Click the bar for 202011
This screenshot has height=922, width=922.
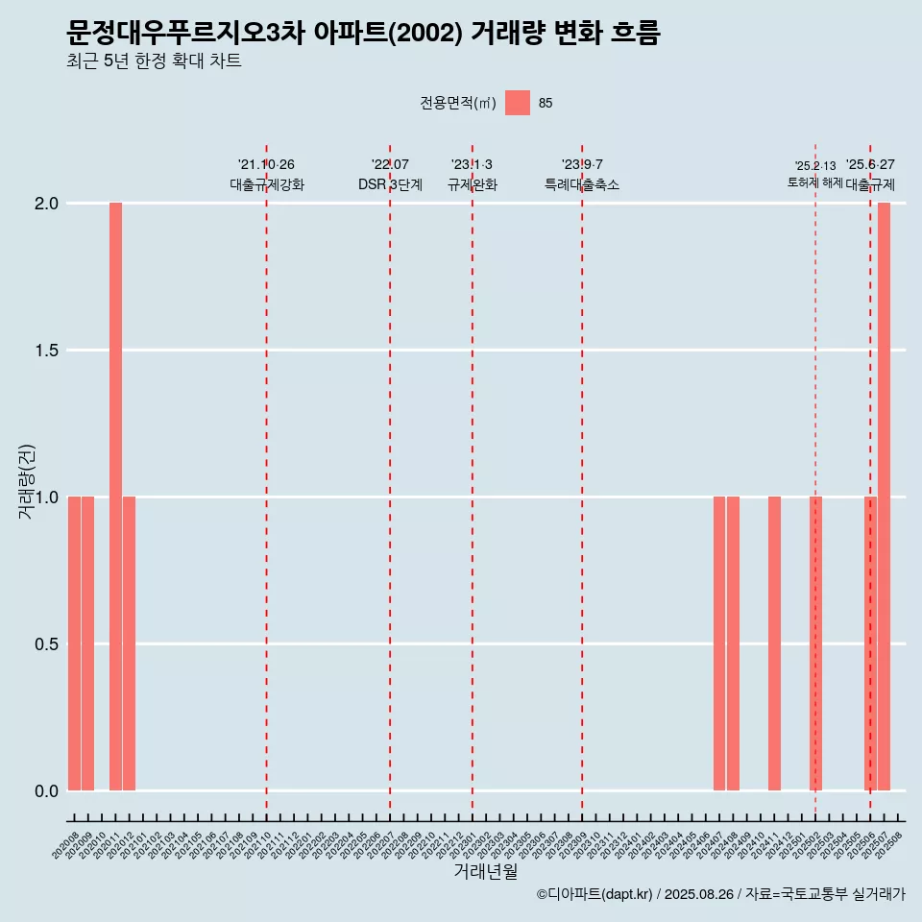click(x=115, y=497)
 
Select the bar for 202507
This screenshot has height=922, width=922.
click(x=884, y=497)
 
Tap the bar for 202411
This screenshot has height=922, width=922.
click(x=774, y=643)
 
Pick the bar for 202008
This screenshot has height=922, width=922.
click(x=74, y=643)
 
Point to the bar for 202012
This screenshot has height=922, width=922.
click(x=129, y=643)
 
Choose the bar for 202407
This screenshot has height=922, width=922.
click(x=719, y=643)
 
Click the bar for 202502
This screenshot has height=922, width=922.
click(x=815, y=643)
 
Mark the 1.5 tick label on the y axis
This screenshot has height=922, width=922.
click(x=45, y=351)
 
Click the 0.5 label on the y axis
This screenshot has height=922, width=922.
click(x=45, y=644)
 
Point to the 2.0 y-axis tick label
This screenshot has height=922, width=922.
click(x=45, y=204)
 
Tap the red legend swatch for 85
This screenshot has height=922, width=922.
click(x=518, y=103)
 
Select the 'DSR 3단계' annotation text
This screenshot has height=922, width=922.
click(x=390, y=184)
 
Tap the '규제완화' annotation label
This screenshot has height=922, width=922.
click(x=473, y=184)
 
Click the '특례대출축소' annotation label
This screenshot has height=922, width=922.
click(x=582, y=184)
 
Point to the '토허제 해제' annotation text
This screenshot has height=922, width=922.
click(x=814, y=182)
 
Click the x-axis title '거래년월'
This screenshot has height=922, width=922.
click(x=485, y=872)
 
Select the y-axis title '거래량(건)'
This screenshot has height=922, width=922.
click(x=27, y=482)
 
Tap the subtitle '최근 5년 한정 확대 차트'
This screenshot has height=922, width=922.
click(x=154, y=61)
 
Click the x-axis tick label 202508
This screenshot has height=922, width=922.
click(x=893, y=842)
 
